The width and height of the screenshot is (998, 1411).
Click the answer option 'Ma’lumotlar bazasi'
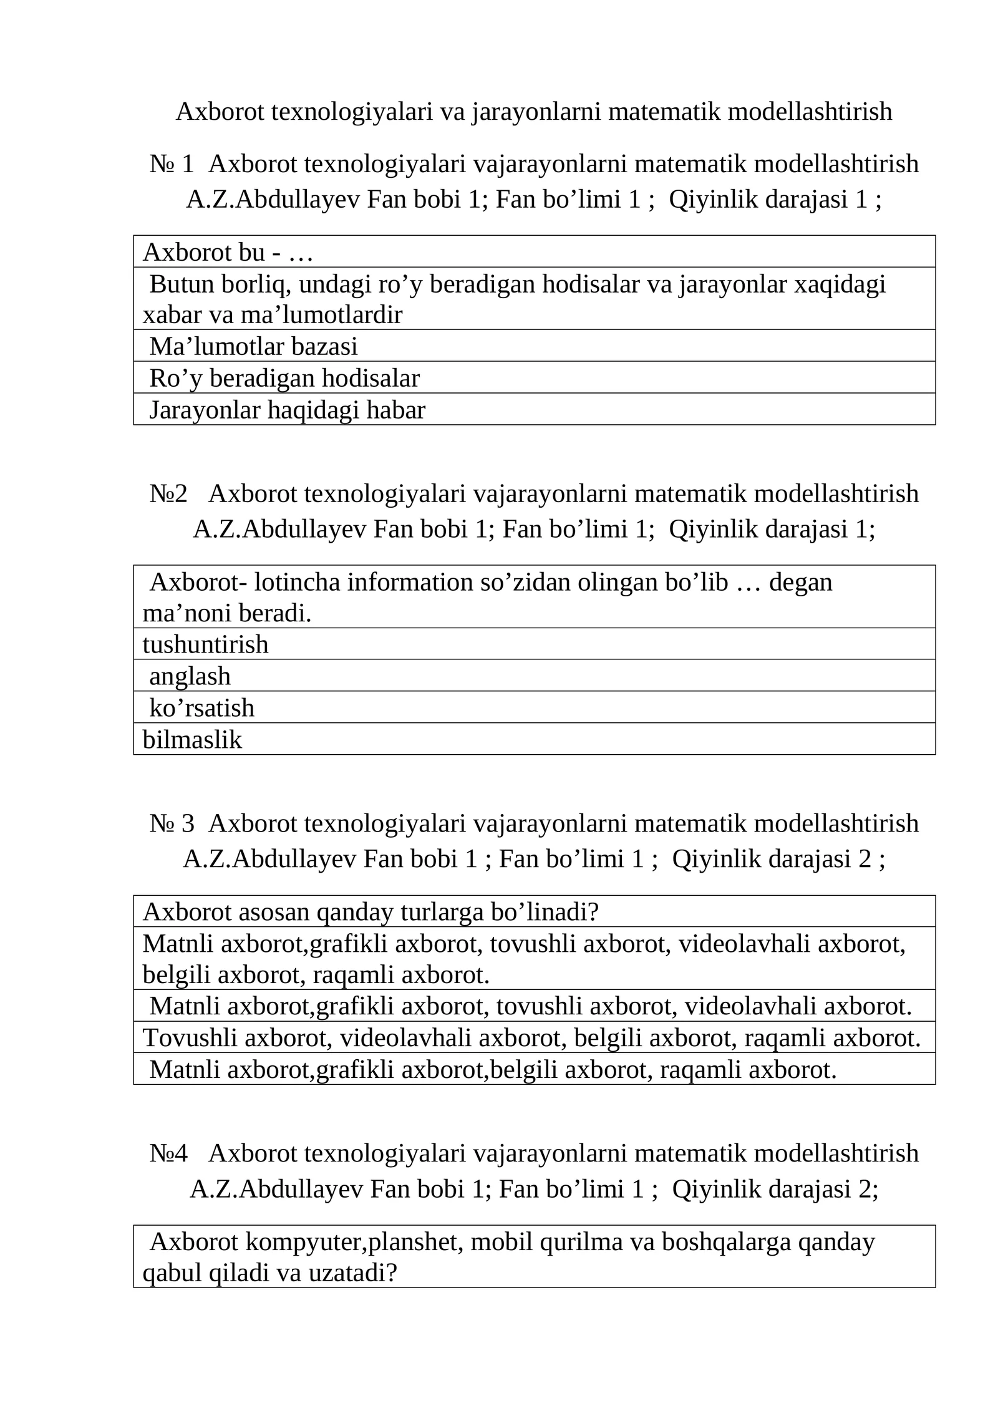253,346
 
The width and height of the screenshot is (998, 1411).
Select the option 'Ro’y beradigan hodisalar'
284,378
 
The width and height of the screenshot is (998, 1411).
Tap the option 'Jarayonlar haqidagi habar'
287,410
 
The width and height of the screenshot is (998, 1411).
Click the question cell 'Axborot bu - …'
228,252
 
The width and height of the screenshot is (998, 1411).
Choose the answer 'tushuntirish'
206,644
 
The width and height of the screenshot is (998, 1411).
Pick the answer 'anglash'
190,676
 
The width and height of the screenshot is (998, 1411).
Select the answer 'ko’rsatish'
202,707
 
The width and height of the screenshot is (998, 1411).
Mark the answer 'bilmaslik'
192,739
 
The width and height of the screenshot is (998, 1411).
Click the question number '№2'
168,493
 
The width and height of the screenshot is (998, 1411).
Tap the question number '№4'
168,1153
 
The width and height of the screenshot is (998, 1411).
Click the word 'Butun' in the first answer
181,284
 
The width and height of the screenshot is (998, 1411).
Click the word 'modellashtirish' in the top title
810,112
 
